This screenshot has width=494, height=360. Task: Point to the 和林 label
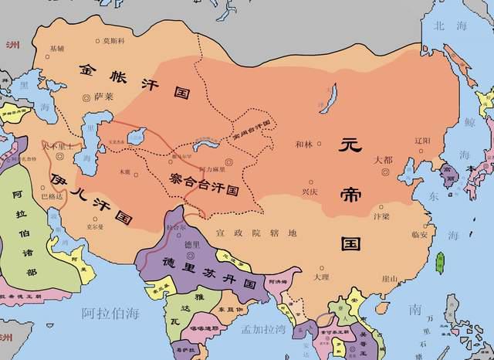point(305,144)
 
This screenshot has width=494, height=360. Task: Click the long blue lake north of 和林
point(333,99)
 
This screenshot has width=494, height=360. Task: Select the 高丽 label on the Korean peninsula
point(448,171)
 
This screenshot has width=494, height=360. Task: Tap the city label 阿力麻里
point(211,168)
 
